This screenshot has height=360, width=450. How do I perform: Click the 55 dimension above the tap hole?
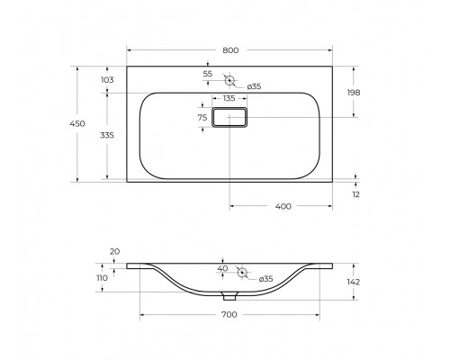point(208,73)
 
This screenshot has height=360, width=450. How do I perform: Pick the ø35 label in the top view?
point(254,86)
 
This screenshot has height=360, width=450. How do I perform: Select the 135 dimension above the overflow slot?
point(229,99)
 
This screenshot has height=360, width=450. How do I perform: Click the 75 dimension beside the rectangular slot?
point(202,117)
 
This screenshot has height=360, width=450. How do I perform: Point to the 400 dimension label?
point(282,207)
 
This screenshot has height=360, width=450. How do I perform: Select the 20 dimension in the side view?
point(113,252)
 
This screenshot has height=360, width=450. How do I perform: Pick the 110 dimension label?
point(103,277)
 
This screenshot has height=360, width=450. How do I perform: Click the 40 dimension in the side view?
point(222,267)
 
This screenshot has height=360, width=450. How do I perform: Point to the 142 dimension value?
point(354,282)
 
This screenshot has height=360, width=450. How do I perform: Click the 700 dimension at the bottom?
point(229,315)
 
